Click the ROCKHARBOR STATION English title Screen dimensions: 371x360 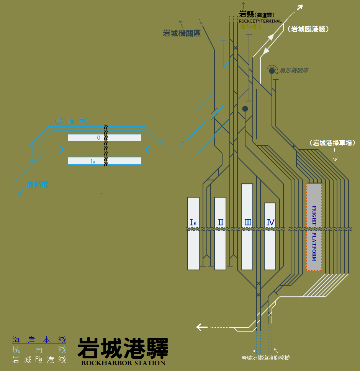coord(123,363)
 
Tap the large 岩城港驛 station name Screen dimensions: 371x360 coord(123,348)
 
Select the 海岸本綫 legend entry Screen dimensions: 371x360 coord(39,340)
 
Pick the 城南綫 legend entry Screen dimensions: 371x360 coord(39,350)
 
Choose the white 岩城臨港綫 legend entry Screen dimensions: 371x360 coord(39,360)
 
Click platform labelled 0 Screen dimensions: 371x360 coord(104,138)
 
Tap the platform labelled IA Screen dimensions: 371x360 coord(104,161)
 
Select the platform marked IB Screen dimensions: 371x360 coord(193,234)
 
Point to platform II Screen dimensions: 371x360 coord(220,234)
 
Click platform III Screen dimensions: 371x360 coord(247,227)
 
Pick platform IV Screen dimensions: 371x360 coord(270,236)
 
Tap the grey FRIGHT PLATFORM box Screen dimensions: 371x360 coord(314,227)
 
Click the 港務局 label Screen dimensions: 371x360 coord(37,185)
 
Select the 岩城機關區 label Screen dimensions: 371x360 coord(182,34)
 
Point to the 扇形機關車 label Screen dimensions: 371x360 coord(294,70)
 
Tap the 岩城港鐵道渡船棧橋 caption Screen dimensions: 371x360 coord(265,358)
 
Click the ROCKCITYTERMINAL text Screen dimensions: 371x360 coord(260,21)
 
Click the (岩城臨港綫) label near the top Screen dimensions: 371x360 coord(308,29)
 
